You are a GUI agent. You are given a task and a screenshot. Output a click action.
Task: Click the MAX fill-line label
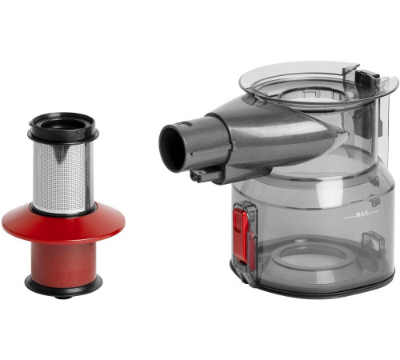(362, 214)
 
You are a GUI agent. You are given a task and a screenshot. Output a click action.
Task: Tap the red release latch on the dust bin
(242, 234)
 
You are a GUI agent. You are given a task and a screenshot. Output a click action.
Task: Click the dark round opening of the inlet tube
(173, 148)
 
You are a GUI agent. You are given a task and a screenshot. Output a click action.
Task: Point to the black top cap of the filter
(63, 127)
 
